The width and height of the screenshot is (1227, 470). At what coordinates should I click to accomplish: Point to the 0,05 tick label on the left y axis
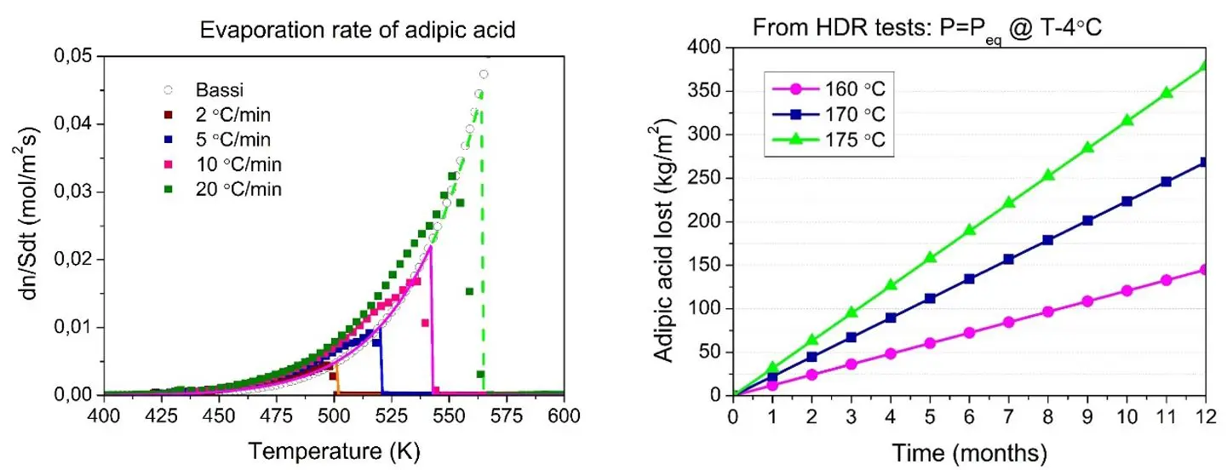[x=73, y=56]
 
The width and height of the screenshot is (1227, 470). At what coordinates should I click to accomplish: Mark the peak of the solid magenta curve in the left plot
[x=431, y=247]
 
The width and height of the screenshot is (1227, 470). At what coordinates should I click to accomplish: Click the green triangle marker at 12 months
[x=1206, y=66]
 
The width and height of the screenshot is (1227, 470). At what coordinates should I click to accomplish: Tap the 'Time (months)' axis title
[x=970, y=448]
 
